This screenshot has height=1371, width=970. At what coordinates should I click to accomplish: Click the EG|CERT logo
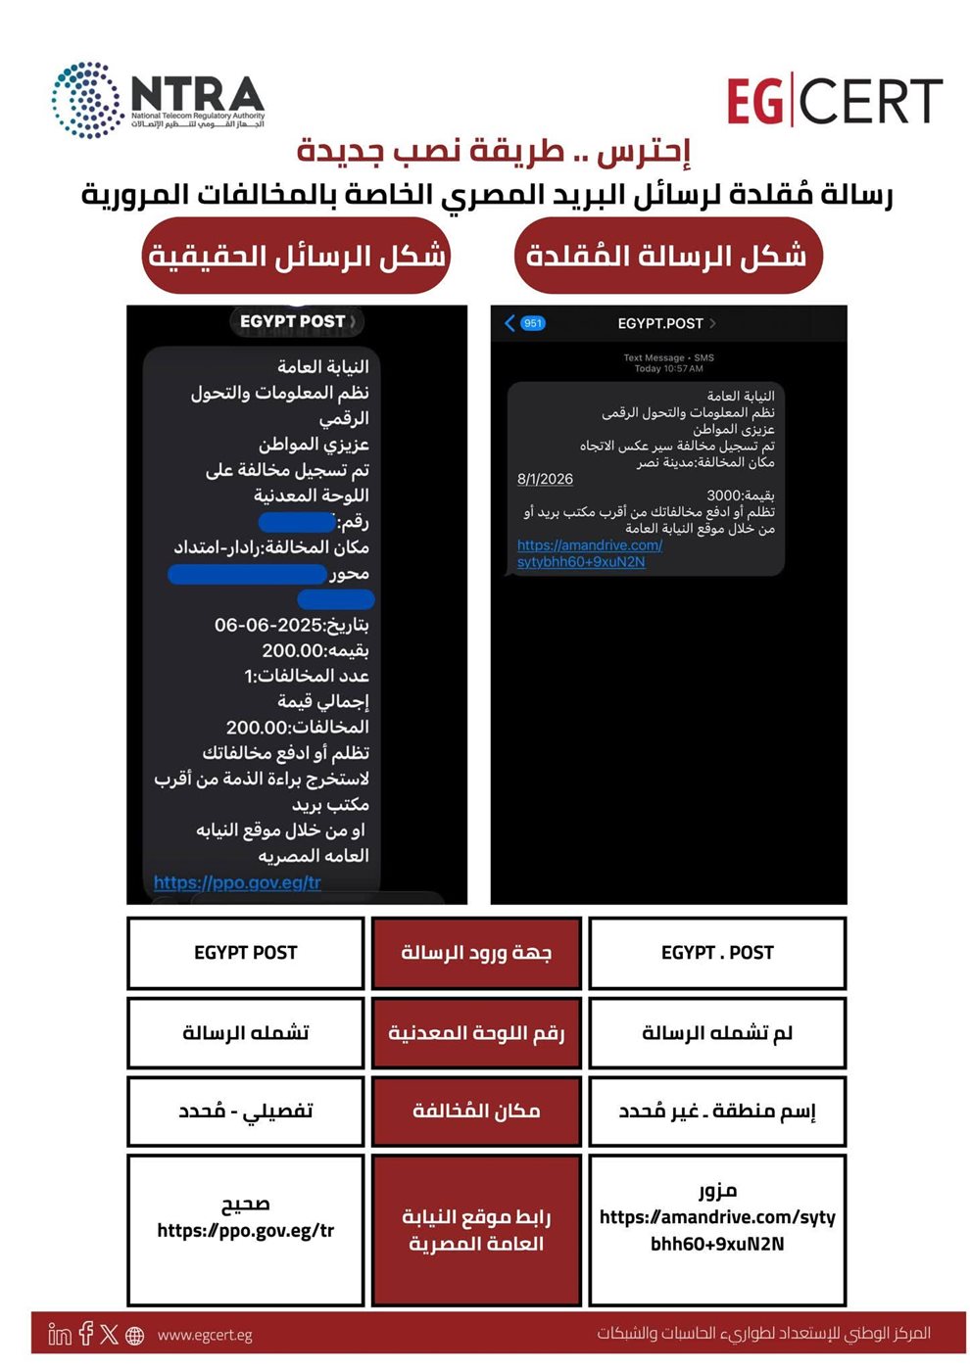click(x=834, y=102)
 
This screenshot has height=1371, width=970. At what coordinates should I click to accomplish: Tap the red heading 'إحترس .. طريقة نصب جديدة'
click(x=494, y=151)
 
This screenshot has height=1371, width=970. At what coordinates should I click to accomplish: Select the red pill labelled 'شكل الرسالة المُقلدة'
click(x=667, y=256)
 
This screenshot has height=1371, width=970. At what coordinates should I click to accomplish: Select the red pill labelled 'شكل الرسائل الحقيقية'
click(x=296, y=256)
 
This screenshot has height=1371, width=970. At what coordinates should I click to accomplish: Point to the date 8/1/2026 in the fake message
click(x=545, y=479)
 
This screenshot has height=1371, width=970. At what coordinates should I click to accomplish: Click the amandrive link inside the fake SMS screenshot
click(x=589, y=553)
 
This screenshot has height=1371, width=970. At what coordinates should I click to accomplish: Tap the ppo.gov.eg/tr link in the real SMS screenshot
click(x=237, y=882)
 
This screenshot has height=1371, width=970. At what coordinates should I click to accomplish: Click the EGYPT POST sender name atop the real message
click(x=292, y=321)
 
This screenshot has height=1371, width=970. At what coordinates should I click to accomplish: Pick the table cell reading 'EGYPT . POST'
click(x=717, y=953)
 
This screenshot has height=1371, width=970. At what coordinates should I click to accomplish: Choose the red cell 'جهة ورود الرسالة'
click(x=476, y=953)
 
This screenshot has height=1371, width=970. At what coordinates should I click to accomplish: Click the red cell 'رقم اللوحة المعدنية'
click(x=476, y=1032)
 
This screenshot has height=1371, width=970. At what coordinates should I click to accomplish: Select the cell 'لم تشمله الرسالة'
click(x=717, y=1032)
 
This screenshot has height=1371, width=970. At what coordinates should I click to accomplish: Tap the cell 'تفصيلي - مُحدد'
click(x=246, y=1111)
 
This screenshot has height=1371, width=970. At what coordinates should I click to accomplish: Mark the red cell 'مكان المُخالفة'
click(x=476, y=1111)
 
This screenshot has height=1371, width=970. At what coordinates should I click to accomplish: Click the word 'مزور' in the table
click(x=717, y=1191)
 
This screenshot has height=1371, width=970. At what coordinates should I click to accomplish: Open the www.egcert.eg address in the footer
click(x=205, y=1335)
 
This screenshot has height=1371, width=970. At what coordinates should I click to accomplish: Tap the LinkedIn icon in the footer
click(x=60, y=1334)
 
